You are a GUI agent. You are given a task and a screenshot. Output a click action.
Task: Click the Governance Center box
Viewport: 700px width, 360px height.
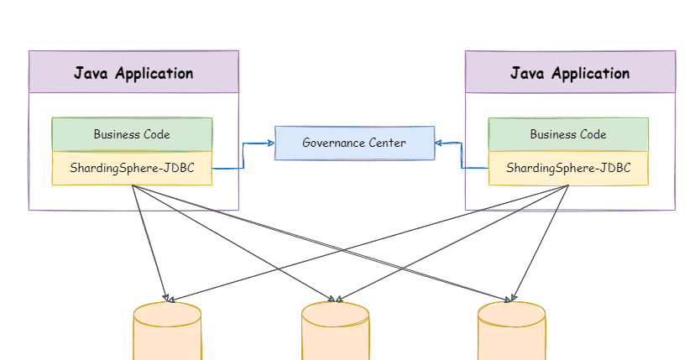pyautogui.click(x=354, y=143)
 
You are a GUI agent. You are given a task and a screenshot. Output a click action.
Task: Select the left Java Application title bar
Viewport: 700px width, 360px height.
pyautogui.click(x=133, y=72)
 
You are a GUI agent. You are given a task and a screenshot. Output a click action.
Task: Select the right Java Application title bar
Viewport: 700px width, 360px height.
pyautogui.click(x=570, y=72)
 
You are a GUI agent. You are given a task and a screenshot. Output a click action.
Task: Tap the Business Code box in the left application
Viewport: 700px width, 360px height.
pyautogui.click(x=132, y=134)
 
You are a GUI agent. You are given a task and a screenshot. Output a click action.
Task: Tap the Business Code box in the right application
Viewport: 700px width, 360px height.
pyautogui.click(x=568, y=134)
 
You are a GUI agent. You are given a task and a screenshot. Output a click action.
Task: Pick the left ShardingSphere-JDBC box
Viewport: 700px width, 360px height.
pyautogui.click(x=132, y=168)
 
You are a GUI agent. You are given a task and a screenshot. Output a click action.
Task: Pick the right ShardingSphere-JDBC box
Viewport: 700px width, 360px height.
pyautogui.click(x=568, y=168)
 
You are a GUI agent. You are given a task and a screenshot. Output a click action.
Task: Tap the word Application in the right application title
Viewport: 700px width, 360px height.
pyautogui.click(x=590, y=73)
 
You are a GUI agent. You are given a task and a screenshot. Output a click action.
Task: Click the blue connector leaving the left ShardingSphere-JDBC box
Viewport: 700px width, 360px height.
pyautogui.click(x=228, y=168)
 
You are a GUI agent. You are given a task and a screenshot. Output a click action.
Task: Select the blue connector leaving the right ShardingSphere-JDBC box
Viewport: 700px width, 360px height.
pyautogui.click(x=474, y=168)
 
